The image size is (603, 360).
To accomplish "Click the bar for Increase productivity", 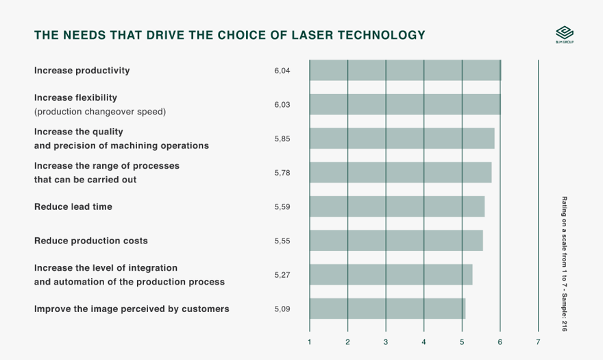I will pyautogui.click(x=405, y=71).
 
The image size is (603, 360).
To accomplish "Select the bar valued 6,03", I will pyautogui.click(x=405, y=104).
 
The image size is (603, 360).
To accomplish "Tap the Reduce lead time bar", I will pyautogui.click(x=397, y=206).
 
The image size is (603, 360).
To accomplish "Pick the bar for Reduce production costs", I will pyautogui.click(x=396, y=241).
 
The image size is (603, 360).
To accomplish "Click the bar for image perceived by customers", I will pyautogui.click(x=387, y=309).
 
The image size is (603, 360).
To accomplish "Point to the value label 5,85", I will pyautogui.click(x=282, y=139).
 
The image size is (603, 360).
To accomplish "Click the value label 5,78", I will pyautogui.click(x=282, y=173).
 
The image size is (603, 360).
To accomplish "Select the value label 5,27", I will pyautogui.click(x=282, y=275).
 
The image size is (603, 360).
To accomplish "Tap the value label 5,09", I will pyautogui.click(x=282, y=309).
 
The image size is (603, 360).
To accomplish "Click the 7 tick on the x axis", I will pyautogui.click(x=538, y=341).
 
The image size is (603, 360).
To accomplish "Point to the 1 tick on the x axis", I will pyautogui.click(x=310, y=341).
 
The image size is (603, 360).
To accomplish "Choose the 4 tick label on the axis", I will pyautogui.click(x=424, y=341).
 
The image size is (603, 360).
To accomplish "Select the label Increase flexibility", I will pyautogui.click(x=76, y=97).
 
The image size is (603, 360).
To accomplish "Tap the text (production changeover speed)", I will pyautogui.click(x=100, y=111).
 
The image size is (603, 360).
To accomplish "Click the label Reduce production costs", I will pyautogui.click(x=91, y=241).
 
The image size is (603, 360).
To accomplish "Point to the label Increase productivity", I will pyautogui.click(x=82, y=71).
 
